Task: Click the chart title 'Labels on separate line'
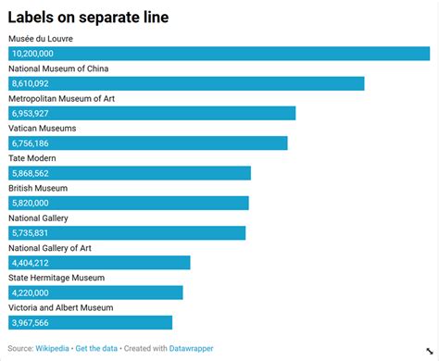tap(88, 16)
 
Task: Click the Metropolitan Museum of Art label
tap(61, 98)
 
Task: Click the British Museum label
tap(38, 188)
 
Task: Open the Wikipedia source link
tap(52, 348)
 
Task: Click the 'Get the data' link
tap(97, 348)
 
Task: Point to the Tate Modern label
tap(32, 158)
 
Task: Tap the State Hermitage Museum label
tap(56, 278)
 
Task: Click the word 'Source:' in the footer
tap(20, 348)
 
